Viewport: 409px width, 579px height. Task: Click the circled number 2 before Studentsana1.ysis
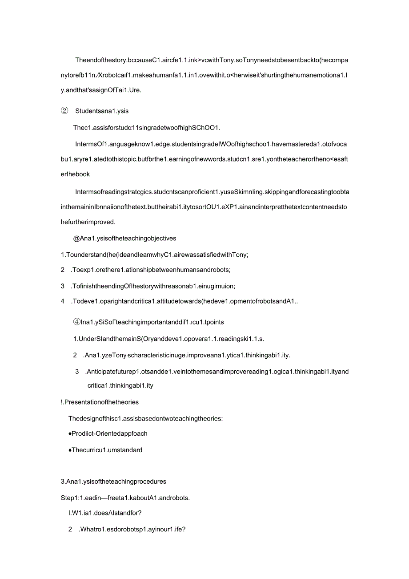pyautogui.click(x=64, y=111)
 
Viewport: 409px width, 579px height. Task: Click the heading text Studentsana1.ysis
pyautogui.click(x=102, y=111)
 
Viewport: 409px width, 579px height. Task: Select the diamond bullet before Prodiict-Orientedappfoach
pyautogui.click(x=70, y=433)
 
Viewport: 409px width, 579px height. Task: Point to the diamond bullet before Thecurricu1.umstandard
pyautogui.click(x=70, y=450)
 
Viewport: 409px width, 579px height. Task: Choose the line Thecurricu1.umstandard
pyautogui.click(x=107, y=450)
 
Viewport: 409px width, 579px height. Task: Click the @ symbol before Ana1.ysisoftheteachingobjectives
pyautogui.click(x=76, y=239)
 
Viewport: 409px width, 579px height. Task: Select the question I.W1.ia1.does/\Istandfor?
pyautogui.click(x=105, y=513)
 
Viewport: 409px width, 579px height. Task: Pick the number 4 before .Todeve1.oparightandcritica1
pyautogui.click(x=63, y=301)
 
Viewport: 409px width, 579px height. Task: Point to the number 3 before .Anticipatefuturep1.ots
pyautogui.click(x=77, y=372)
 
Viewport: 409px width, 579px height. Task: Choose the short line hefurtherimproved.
pyautogui.click(x=88, y=222)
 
